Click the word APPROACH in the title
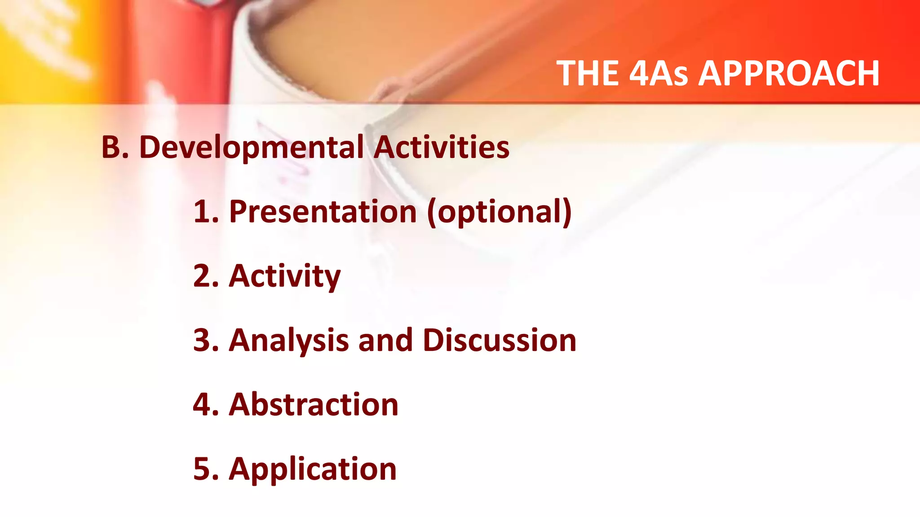789,73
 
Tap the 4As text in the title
658,73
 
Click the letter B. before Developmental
115,147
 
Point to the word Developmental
252,148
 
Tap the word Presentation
323,211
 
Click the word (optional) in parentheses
500,212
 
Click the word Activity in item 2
285,276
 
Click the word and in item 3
385,340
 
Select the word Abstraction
314,404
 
